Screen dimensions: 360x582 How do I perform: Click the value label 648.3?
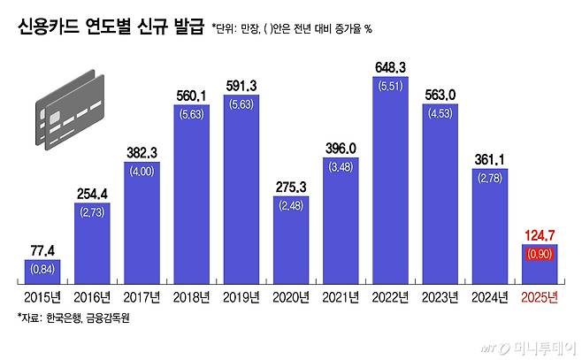pos(397,66)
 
